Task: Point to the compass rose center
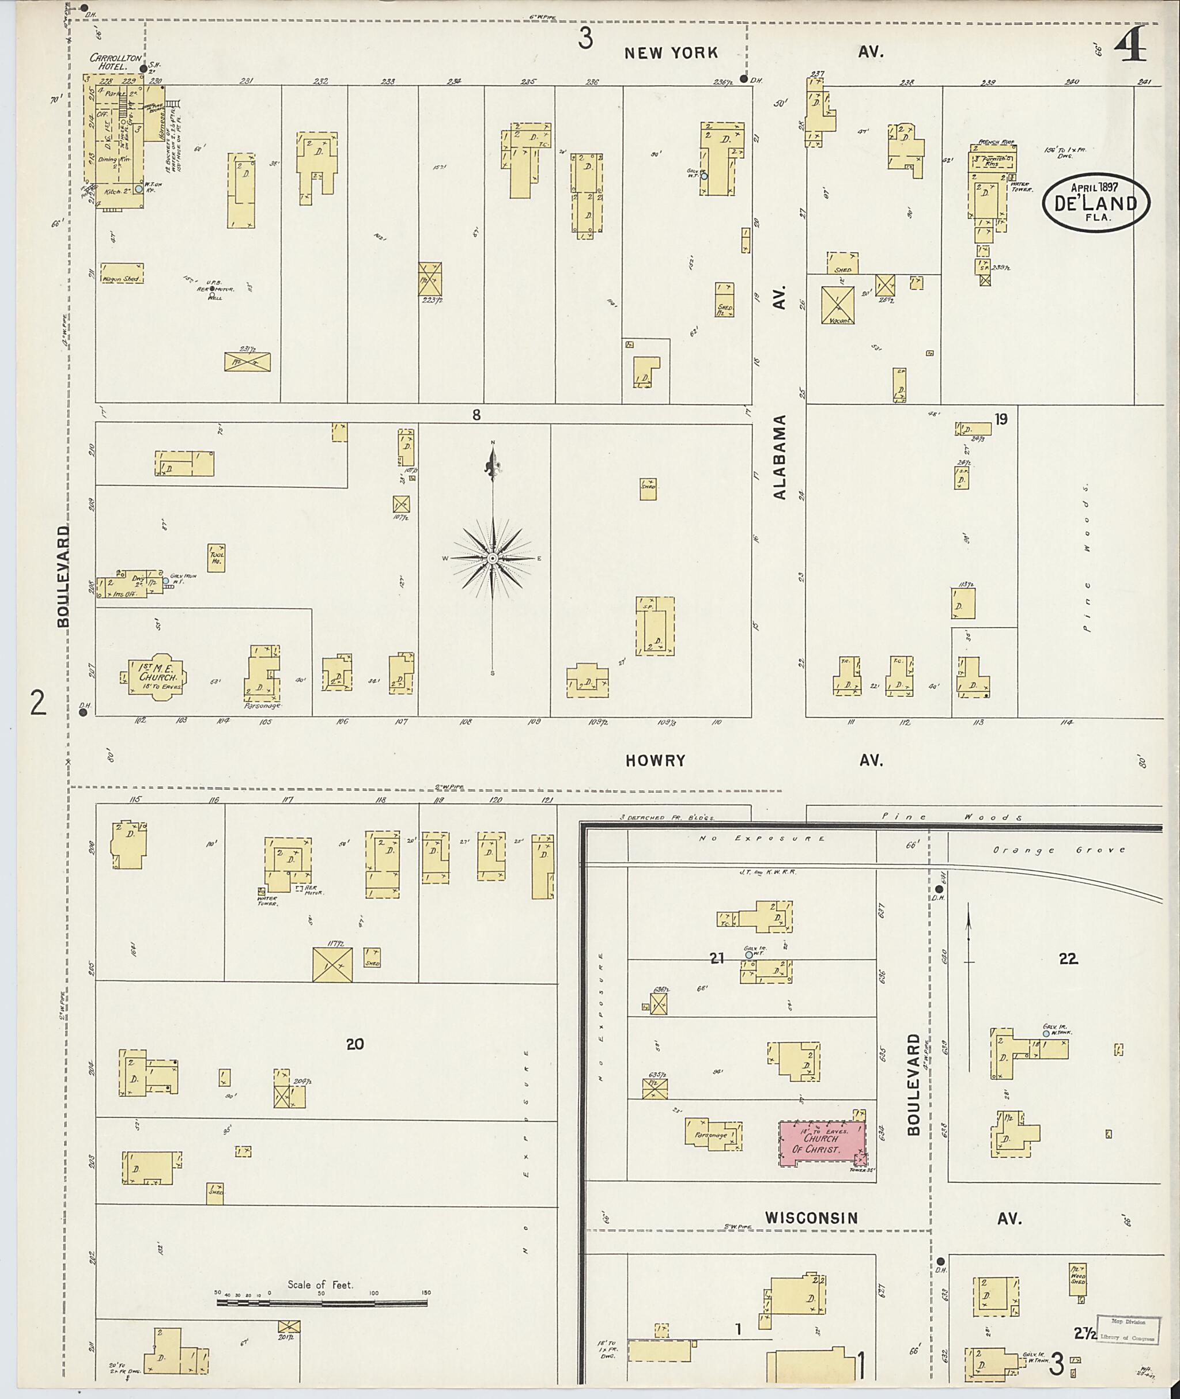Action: coord(492,558)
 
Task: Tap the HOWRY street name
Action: coord(656,760)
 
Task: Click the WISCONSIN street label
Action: coord(811,1218)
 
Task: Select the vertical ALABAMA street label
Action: coord(780,457)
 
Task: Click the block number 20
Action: coord(354,1043)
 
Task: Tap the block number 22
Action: coord(1068,958)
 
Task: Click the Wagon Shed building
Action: coord(122,273)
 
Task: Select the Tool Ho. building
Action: coord(216,558)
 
